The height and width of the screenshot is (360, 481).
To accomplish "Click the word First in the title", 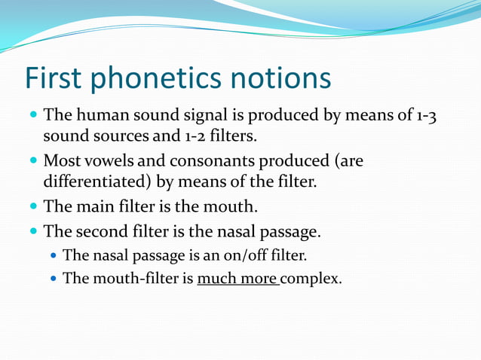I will pos(55,79).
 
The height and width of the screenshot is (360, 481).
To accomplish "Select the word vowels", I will pos(106,161).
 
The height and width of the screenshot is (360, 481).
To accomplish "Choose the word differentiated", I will pos(96,182).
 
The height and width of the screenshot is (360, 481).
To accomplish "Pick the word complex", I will pos(312,279).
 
